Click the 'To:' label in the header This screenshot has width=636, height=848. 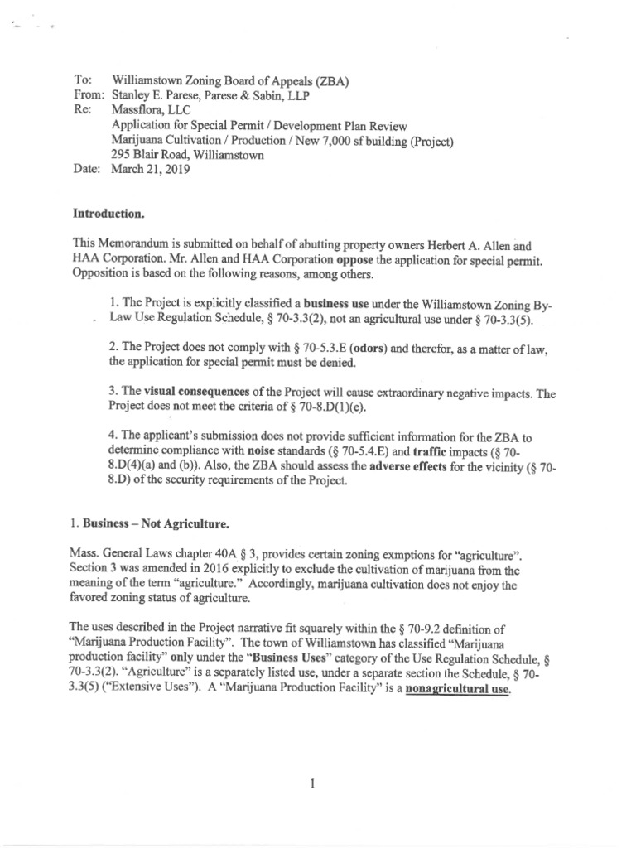(x=81, y=80)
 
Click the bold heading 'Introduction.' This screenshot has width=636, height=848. (x=108, y=214)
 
